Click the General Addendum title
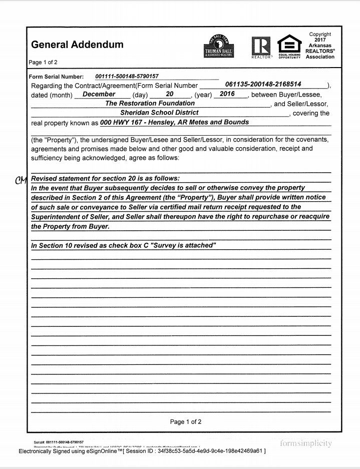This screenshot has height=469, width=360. (77, 45)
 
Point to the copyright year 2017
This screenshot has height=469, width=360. (320, 40)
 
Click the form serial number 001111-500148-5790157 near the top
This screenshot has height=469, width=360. (127, 76)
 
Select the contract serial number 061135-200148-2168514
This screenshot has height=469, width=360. (263, 84)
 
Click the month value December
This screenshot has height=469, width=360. (99, 94)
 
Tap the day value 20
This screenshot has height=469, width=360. (169, 94)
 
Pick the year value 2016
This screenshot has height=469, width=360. (227, 94)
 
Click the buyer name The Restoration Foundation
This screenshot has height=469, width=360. (150, 103)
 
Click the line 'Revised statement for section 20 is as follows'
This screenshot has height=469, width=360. (105, 178)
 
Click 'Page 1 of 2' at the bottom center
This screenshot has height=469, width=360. (186, 421)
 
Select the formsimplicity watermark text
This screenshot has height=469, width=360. (306, 443)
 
